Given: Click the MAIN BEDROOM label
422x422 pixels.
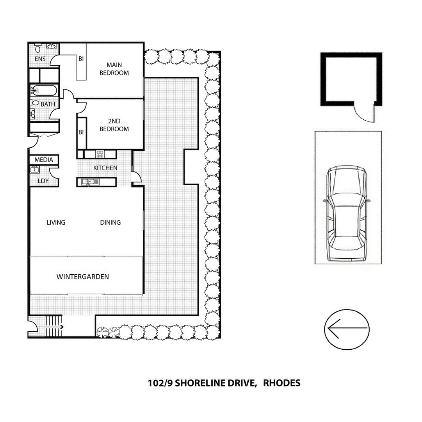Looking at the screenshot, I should tap(114, 69).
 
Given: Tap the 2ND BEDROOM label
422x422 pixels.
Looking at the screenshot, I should tap(114, 125).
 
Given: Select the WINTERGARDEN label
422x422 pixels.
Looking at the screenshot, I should tap(83, 277).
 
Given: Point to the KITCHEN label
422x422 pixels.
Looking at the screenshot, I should tap(105, 168).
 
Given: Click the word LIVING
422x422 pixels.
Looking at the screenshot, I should tap(56, 222).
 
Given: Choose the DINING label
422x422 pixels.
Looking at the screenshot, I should tap(110, 222).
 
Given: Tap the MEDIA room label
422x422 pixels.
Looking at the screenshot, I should tap(44, 160).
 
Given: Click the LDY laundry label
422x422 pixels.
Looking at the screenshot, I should tap(43, 181).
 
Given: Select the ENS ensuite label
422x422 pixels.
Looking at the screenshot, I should tap(40, 59).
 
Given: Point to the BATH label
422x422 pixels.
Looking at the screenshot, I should tap(48, 104).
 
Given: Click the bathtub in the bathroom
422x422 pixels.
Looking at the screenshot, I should tap(44, 91).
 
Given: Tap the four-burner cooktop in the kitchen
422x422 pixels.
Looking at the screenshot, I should tap(100, 154).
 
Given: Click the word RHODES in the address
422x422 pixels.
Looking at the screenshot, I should tap(282, 383).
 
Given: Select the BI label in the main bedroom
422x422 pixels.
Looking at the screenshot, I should tap(81, 59).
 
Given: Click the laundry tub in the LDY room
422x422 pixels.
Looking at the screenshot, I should tap(34, 169).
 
